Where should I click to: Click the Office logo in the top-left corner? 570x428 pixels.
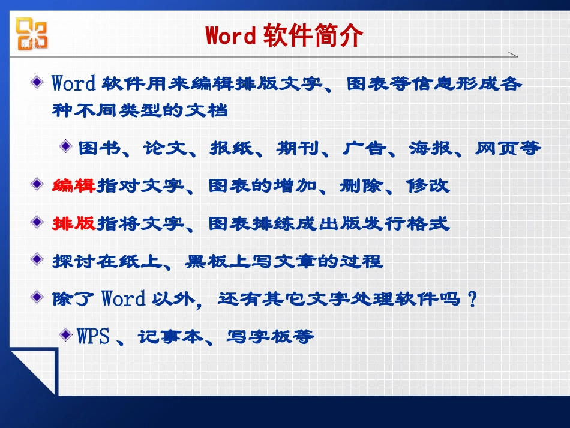pos(31,34)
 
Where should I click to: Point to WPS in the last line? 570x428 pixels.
pos(94,336)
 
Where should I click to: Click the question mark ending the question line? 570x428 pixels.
pos(472,298)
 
